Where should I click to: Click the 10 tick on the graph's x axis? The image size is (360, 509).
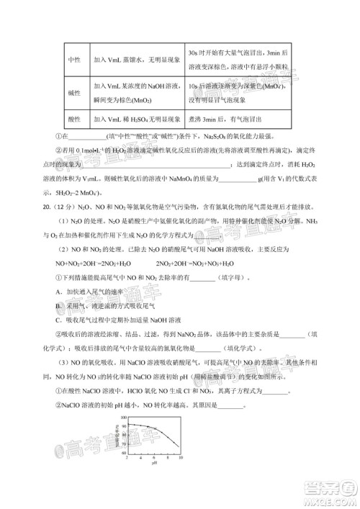181,458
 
